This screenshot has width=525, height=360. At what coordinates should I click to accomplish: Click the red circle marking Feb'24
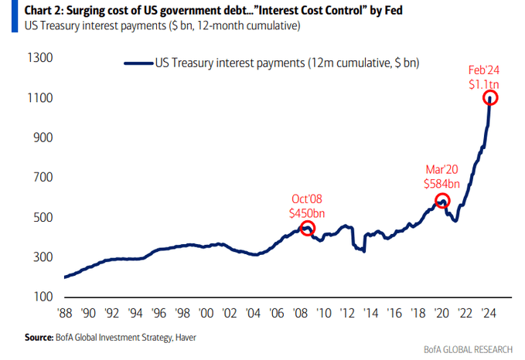[x=489, y=98]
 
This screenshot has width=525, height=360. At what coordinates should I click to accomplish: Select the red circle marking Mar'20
[x=442, y=201]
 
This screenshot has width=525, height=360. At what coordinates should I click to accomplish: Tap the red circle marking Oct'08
[x=308, y=228]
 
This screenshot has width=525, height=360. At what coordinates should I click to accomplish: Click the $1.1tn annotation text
[x=482, y=83]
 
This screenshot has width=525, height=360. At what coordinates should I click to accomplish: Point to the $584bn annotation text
[x=442, y=184]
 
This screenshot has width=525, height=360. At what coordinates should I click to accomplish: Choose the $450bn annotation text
[x=308, y=212]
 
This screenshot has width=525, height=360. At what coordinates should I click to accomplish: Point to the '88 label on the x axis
[x=64, y=315]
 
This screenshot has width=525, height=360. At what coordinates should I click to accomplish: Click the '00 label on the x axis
[x=206, y=315]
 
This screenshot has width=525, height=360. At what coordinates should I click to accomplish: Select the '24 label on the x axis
[x=489, y=315]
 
